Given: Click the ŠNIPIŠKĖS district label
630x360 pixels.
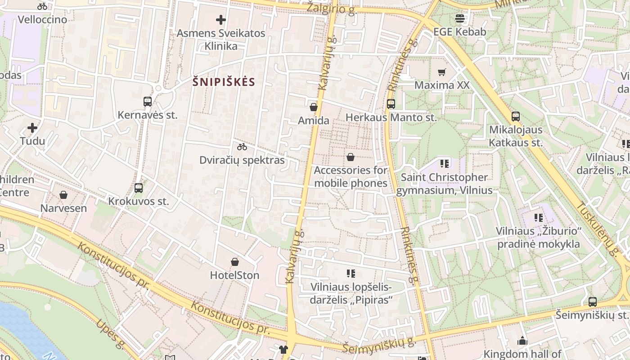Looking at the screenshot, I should [x=224, y=82].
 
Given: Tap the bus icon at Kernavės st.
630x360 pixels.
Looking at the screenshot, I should [x=148, y=102].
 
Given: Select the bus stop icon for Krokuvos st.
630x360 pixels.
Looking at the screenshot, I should [x=139, y=188].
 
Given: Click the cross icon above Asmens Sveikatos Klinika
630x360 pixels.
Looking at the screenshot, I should [x=220, y=20].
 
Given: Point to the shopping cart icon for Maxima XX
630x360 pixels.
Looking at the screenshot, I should [x=442, y=72].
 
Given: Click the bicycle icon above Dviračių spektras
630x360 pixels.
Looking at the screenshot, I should [x=242, y=147].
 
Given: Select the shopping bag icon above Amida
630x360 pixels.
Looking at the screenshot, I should [x=314, y=107].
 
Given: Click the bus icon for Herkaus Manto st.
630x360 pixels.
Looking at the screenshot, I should [x=391, y=104].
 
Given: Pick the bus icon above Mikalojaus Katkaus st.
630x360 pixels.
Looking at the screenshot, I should [x=516, y=117].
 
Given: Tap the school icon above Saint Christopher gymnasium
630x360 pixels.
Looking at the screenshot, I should [x=445, y=164].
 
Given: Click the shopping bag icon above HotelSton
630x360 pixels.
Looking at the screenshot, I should [x=234, y=262].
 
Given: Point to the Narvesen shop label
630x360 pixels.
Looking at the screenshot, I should [x=63, y=208].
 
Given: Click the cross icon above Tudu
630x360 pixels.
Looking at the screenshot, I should [x=32, y=128].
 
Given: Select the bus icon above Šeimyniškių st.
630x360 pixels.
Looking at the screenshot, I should [x=593, y=301].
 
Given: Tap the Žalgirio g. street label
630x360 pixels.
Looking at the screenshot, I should [x=332, y=8].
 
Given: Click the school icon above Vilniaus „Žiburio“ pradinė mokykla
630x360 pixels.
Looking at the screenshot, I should [x=538, y=218].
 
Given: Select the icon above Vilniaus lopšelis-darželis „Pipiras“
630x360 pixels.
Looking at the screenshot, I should [x=351, y=274].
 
